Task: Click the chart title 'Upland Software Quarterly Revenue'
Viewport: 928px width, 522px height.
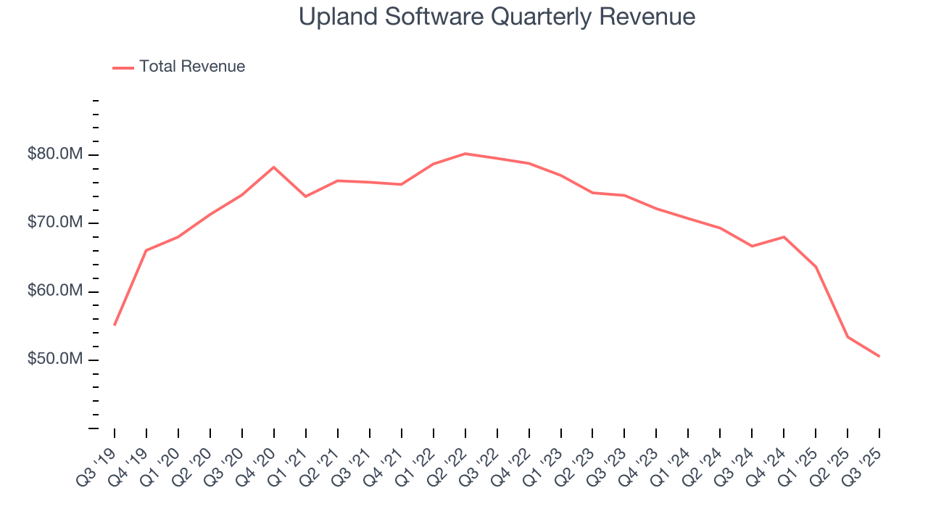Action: [497, 17]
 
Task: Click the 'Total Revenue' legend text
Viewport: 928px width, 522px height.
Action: [192, 67]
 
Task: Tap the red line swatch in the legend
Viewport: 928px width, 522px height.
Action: [123, 67]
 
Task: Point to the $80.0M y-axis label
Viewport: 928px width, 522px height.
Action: [55, 154]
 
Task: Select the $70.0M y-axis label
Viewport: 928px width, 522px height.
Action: [55, 223]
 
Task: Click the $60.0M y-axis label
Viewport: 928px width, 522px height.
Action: [55, 291]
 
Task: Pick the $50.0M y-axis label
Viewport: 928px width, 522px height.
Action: [55, 360]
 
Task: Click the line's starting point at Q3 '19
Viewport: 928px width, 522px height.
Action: [115, 325]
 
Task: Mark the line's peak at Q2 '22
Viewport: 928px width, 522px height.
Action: [465, 154]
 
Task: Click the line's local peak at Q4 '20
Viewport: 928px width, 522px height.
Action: [273, 167]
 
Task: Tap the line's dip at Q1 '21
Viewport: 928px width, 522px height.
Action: [305, 196]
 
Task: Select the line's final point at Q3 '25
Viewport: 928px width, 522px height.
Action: [879, 356]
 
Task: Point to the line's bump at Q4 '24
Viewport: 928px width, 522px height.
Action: [784, 237]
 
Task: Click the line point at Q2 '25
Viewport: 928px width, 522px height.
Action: [848, 337]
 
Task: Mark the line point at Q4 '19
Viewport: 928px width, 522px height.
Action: [146, 250]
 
